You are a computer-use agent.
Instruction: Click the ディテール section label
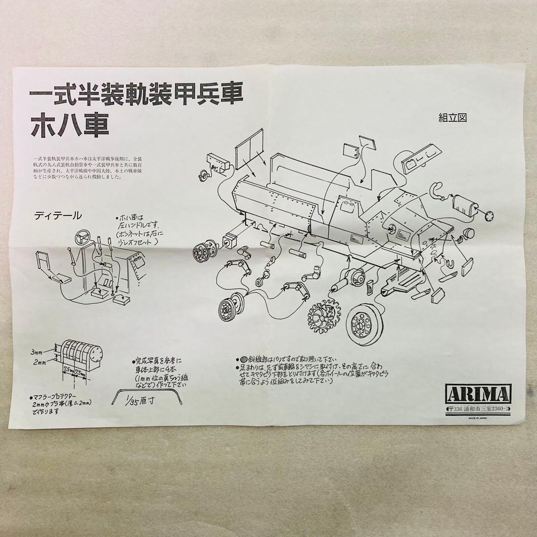(58, 216)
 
